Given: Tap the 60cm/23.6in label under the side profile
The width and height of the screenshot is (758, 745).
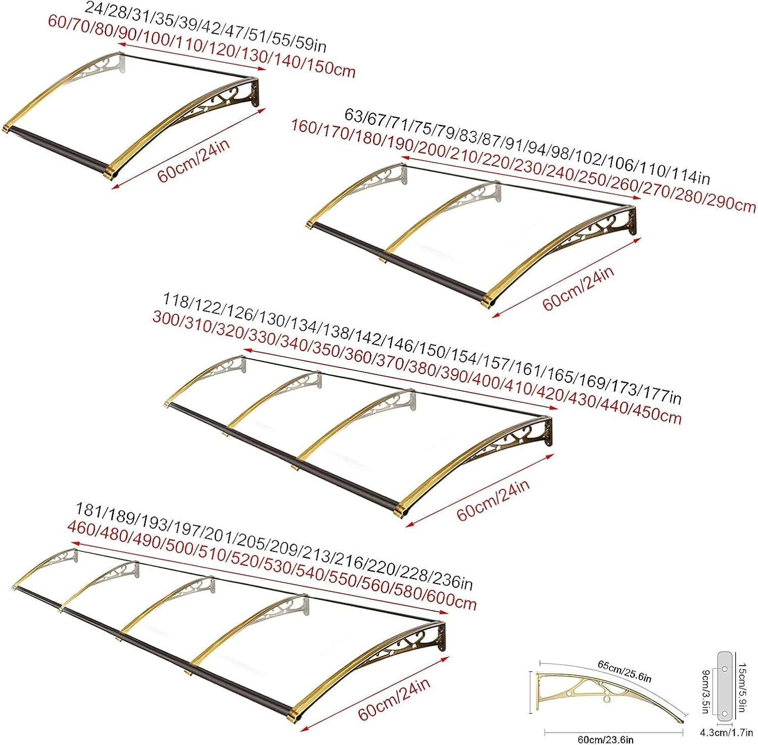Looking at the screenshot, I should (x=605, y=739).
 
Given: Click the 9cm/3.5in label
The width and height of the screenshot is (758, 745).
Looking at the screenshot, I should (x=705, y=691).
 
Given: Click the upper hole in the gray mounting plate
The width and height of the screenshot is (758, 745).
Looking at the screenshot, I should (x=724, y=668).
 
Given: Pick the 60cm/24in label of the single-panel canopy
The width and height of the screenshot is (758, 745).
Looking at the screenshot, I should (x=194, y=160).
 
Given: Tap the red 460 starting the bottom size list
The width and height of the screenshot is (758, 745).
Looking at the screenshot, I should (x=81, y=528).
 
